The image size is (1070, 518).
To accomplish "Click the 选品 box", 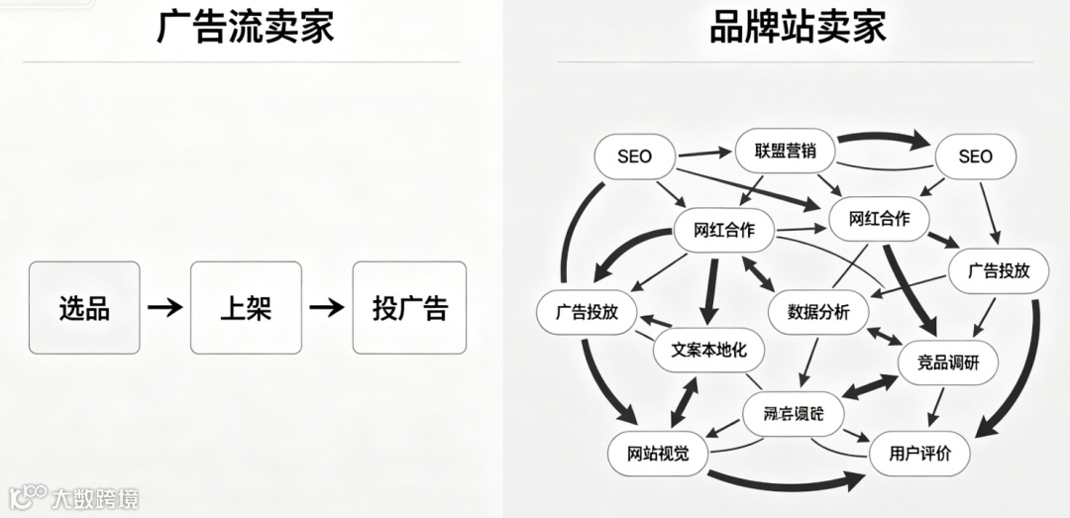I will pos(84,307).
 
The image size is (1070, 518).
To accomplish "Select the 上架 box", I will pos(246,307).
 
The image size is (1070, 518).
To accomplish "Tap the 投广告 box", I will pos(409,307).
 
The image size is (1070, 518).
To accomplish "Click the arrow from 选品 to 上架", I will pos(164,307).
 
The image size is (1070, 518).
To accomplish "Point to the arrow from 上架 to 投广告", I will pos(327,307).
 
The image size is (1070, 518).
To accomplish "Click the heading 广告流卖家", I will pos(245,27).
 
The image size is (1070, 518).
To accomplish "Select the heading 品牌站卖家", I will pos(798,27).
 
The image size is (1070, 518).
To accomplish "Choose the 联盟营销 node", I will pos(786,152).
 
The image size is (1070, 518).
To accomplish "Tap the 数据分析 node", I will pos(818,312).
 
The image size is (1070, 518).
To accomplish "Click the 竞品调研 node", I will pos(947,363).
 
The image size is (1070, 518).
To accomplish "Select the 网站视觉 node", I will pos(658,454).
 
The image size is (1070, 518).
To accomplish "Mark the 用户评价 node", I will pos(919,454).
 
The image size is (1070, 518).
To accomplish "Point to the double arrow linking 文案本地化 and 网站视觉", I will pos(682,402).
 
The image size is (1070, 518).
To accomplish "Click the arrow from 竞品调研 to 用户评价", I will pos(935,408).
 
